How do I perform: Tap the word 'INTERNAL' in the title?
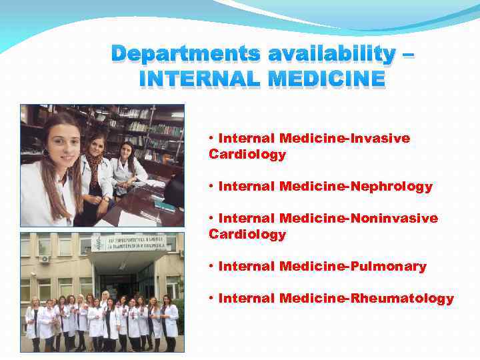pyautogui.click(x=195, y=79)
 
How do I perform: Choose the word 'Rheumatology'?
pyautogui.click(x=409, y=299)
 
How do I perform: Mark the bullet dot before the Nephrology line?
pyautogui.click(x=211, y=187)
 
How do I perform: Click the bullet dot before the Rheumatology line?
pyautogui.click(x=211, y=299)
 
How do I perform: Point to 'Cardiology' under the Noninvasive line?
pyautogui.click(x=247, y=235)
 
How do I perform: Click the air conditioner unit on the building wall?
pyautogui.click(x=45, y=259)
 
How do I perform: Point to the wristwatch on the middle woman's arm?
pyautogui.click(x=105, y=199)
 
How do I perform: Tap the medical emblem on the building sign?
pyautogui.click(x=99, y=243)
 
